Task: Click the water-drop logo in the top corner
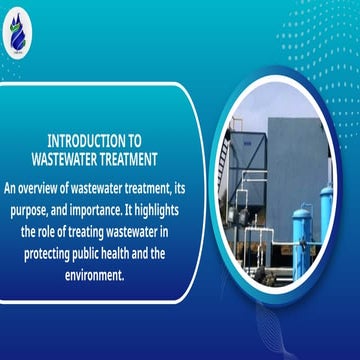(x=22, y=28)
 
